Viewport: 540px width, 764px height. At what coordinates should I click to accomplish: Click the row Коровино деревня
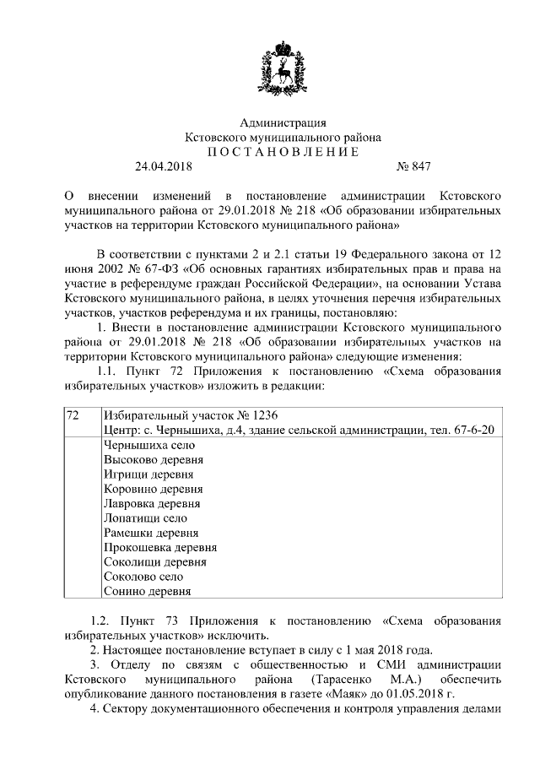click(152, 489)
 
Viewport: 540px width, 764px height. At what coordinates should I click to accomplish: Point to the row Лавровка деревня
click(151, 503)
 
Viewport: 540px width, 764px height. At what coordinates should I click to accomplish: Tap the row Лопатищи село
click(144, 518)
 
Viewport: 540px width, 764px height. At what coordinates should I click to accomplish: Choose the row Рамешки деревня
click(150, 533)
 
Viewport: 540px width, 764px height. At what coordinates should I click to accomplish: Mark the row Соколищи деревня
click(154, 561)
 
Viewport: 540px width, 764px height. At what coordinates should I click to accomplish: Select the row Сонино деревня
click(146, 591)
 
